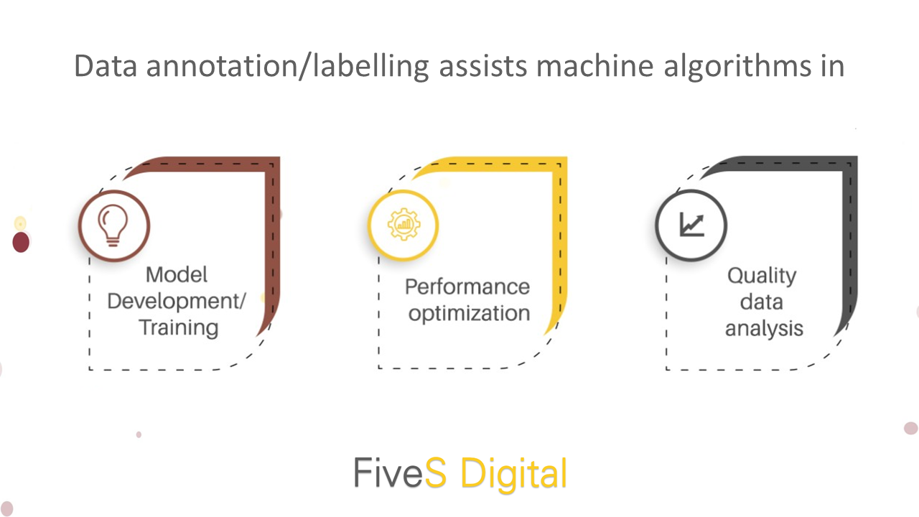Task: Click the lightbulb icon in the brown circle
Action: [x=113, y=225]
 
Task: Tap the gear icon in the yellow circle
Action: [x=404, y=224]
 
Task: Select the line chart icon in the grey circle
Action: [x=691, y=225]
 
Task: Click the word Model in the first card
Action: [x=177, y=274]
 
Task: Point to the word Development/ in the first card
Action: [x=177, y=301]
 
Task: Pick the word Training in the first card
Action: [x=179, y=328]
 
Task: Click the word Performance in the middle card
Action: [x=467, y=287]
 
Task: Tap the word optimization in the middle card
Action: [x=469, y=314]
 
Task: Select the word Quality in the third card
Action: [x=762, y=276]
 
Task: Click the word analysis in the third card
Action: [x=764, y=329]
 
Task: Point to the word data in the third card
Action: [x=762, y=302]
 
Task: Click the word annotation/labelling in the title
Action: [x=288, y=67]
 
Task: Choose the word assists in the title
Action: [x=483, y=67]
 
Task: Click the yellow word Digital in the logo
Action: [x=514, y=473]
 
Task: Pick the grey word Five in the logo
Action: [x=388, y=472]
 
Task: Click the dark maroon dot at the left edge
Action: [x=21, y=242]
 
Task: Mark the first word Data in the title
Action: [x=106, y=66]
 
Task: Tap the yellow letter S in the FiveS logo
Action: [x=435, y=472]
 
